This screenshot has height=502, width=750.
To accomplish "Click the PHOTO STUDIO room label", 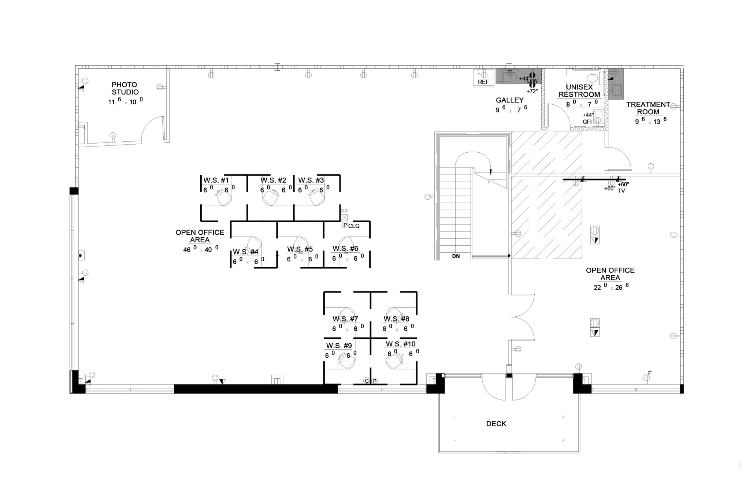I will (125, 89).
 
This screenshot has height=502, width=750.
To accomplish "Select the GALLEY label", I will (509, 100).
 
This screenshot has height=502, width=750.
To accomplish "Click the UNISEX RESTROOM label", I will (579, 91).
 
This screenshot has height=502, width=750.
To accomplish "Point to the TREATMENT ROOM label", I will (648, 108).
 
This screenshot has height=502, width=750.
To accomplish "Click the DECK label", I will (496, 424).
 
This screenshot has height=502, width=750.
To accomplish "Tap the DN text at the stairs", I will (456, 256).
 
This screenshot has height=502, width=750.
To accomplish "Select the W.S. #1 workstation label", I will (216, 180).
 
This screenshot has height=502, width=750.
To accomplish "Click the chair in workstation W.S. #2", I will (271, 198).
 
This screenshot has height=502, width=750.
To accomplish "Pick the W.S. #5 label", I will (300, 249).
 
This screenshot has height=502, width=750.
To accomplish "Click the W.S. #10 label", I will (400, 344).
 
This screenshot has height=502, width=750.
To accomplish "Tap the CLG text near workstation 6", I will (354, 226).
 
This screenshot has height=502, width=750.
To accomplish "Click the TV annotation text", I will (621, 191).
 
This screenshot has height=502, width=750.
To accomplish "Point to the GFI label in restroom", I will (587, 122).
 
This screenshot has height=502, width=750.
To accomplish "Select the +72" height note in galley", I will (532, 91).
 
